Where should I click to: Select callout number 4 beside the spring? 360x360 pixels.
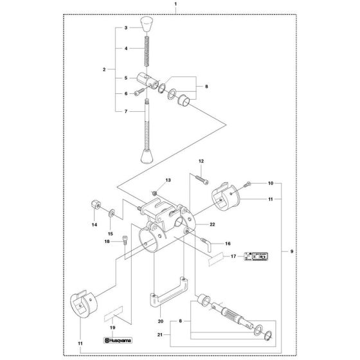[127, 48]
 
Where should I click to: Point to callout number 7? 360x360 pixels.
[127, 111]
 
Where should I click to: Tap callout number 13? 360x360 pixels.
[152, 181]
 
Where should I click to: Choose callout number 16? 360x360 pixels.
[227, 244]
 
